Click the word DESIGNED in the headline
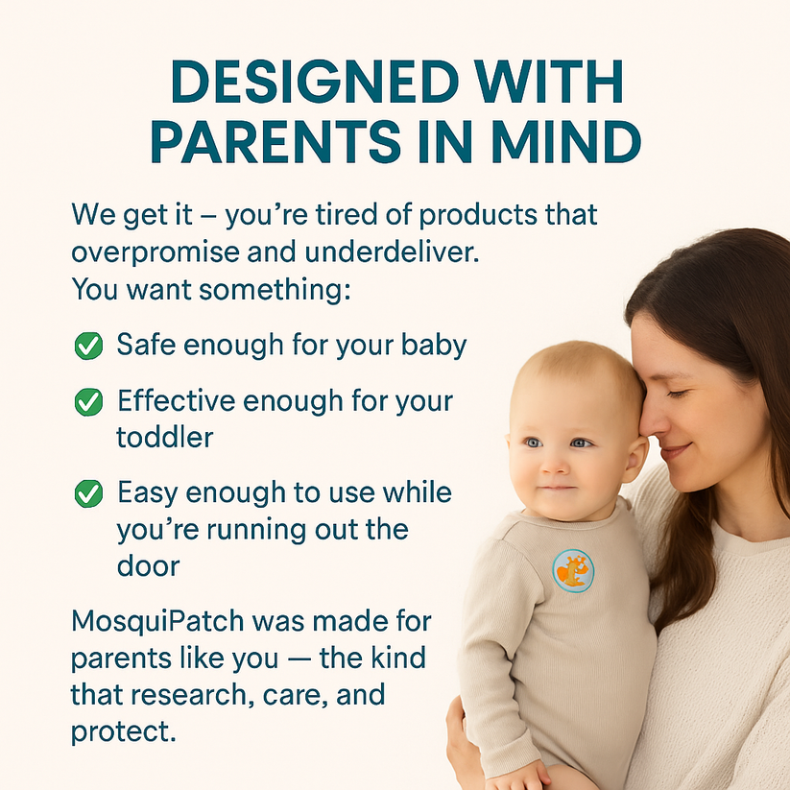[316, 82]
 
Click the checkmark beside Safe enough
[88, 346]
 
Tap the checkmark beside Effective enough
[88, 402]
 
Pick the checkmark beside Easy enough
[88, 493]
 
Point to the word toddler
[165, 438]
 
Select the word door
[148, 565]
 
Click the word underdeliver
[392, 251]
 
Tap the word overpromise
[156, 252]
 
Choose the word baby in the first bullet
[434, 347]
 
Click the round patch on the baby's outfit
[573, 571]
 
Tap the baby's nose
[554, 466]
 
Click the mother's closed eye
[679, 394]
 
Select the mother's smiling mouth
[678, 450]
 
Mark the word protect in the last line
[124, 731]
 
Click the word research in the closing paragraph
[189, 695]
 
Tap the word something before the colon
[275, 290]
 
